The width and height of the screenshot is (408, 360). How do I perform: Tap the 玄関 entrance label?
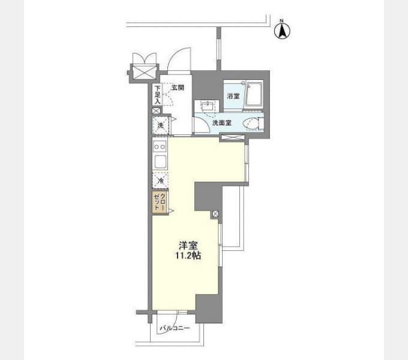[178, 88]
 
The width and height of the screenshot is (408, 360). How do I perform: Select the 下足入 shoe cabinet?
[157, 95]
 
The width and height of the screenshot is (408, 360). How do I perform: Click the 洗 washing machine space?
[161, 125]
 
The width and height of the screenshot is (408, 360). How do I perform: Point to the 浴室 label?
[233, 96]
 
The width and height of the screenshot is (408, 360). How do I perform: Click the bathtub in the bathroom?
[254, 94]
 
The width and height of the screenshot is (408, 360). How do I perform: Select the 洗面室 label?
[222, 123]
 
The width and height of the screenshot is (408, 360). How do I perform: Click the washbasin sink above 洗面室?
[207, 106]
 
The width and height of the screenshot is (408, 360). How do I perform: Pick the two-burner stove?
[160, 147]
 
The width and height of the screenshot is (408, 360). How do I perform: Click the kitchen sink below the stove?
[160, 161]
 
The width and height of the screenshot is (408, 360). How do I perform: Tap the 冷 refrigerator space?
[160, 180]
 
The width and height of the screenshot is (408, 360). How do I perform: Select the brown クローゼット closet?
[160, 203]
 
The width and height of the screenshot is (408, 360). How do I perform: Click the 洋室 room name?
[188, 245]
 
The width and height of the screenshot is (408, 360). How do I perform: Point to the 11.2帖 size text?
[188, 256]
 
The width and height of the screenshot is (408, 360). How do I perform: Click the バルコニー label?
[175, 328]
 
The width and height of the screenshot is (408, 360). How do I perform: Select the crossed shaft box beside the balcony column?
[215, 214]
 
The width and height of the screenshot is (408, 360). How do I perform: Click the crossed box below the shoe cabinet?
[156, 111]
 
